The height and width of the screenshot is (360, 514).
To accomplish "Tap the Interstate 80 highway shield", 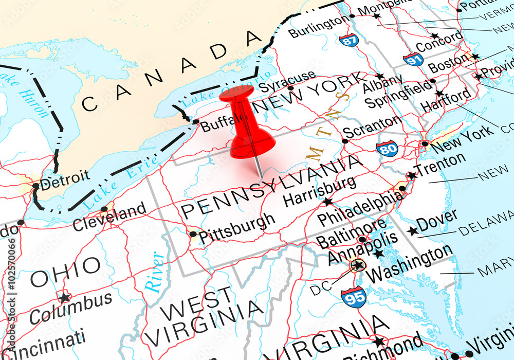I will click(387, 148).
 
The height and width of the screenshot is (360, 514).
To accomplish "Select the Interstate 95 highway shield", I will click(354, 296).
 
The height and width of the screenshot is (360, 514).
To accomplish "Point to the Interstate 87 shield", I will click(349, 40).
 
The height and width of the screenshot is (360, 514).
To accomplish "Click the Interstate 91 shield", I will click(413, 59).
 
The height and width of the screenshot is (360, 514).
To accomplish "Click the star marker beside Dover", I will click(412, 231).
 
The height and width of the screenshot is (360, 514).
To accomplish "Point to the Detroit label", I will click(64, 179).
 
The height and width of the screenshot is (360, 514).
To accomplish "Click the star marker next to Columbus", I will click(64, 298).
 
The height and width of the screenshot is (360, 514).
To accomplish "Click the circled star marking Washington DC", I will click(358, 265).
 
